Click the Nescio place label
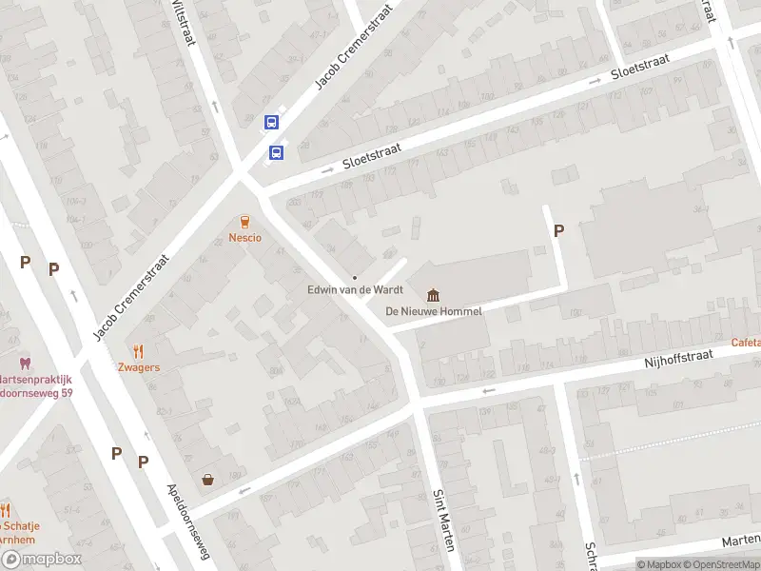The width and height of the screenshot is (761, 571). (x=244, y=237)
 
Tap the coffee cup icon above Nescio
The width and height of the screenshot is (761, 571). (x=244, y=221)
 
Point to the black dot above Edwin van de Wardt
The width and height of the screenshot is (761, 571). (x=355, y=277)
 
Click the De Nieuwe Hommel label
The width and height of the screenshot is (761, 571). (x=434, y=311)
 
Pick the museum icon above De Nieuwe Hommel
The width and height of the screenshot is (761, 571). (x=434, y=295)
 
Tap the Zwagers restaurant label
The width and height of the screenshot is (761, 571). (x=139, y=367)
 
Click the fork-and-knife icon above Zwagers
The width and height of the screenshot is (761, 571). (x=139, y=351)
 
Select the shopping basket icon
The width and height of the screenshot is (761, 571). (x=207, y=479)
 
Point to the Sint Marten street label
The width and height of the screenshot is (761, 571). (x=442, y=520)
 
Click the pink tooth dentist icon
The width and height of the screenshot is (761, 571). (x=25, y=364)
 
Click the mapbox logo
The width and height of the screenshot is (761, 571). (x=41, y=560)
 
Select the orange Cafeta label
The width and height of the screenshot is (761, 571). (x=746, y=342)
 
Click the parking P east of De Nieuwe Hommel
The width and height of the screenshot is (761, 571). (x=558, y=229)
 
